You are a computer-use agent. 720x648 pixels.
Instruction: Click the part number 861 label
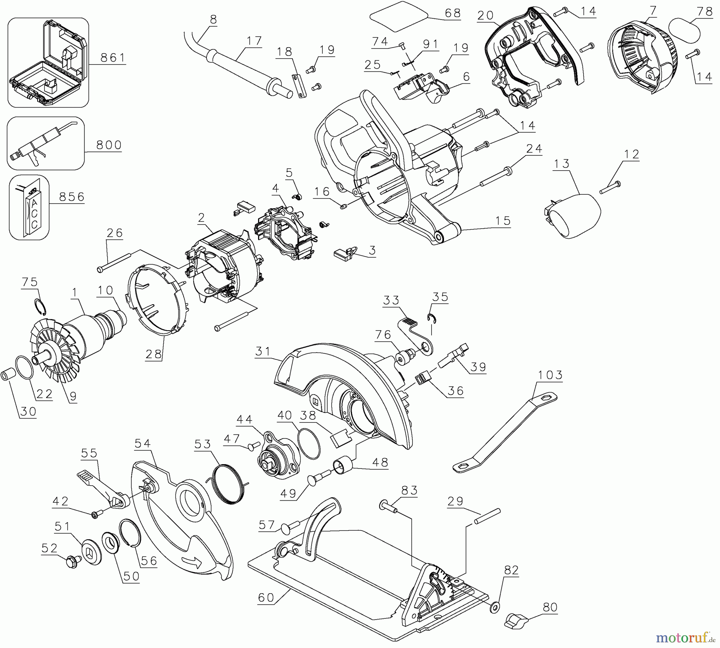pyautogui.click(x=113, y=58)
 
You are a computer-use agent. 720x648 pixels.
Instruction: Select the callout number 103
pyautogui.click(x=550, y=375)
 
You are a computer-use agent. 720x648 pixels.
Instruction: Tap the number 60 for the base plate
pyautogui.click(x=266, y=597)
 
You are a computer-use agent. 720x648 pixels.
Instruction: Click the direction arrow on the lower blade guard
pyautogui.click(x=192, y=562)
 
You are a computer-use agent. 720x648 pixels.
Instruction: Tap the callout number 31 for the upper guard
pyautogui.click(x=263, y=351)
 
